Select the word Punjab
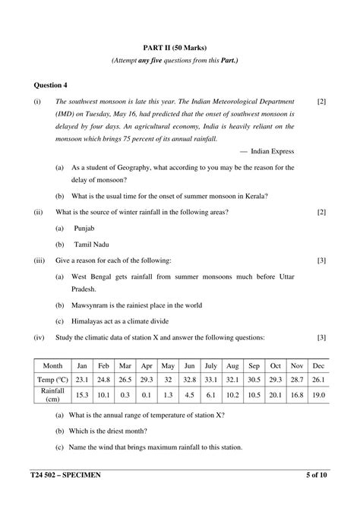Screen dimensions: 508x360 [x=86, y=227]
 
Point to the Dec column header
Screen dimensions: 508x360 [x=317, y=365]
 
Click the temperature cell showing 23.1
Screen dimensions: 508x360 [x=83, y=379]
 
